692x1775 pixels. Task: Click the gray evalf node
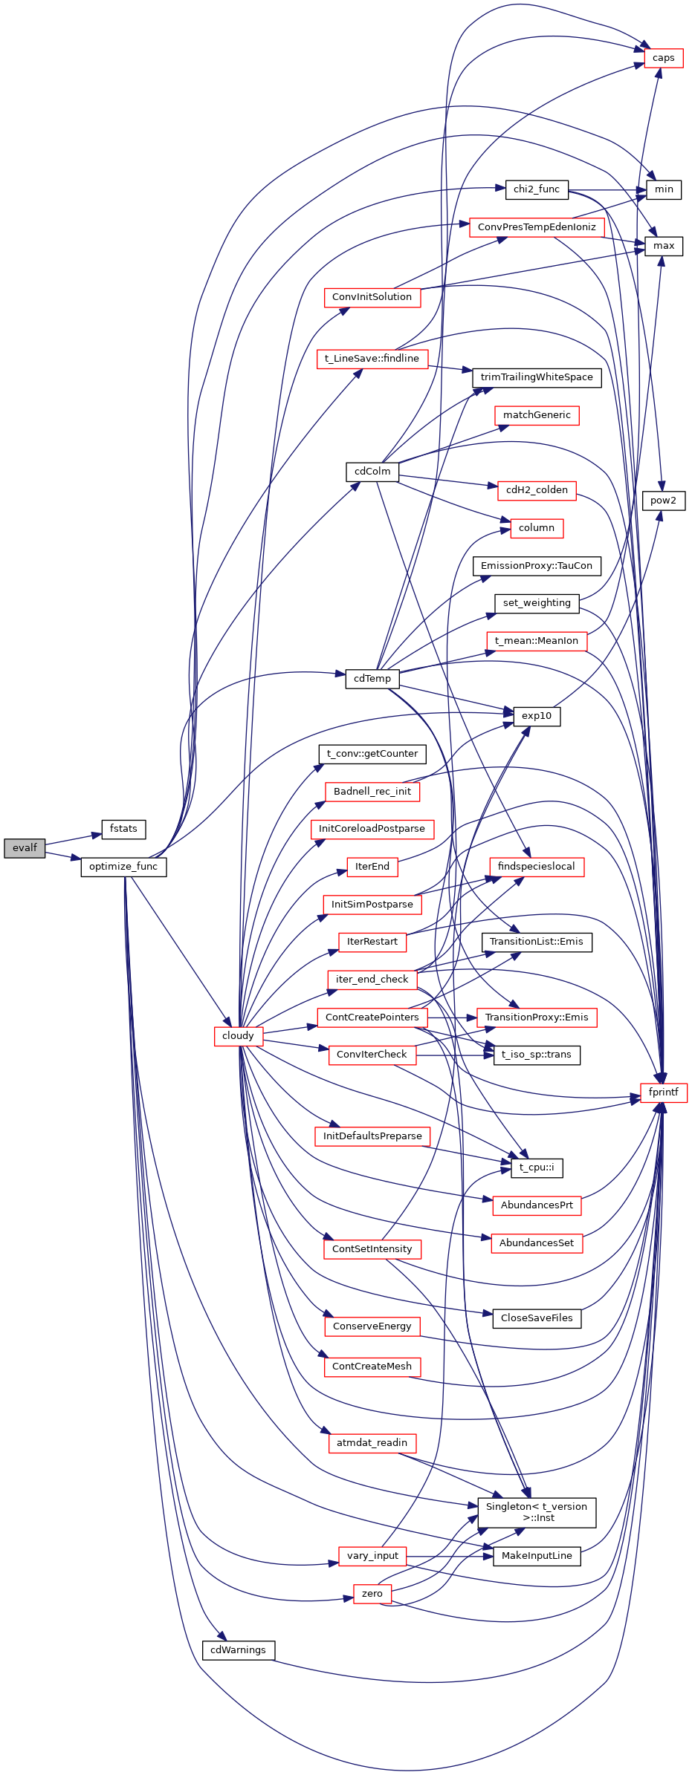coord(25,847)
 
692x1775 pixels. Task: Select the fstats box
coord(123,829)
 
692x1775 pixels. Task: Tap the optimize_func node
coord(123,867)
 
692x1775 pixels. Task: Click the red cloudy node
coord(238,1035)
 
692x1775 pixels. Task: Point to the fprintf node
coord(663,1092)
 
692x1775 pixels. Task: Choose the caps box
coord(663,58)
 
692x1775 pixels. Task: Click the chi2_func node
coord(536,189)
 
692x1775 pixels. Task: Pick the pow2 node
coord(663,501)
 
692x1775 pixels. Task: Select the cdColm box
coord(372,472)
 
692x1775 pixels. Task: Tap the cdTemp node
coord(372,679)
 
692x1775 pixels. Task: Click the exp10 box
coord(536,716)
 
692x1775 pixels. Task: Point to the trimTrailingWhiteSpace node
coord(536,377)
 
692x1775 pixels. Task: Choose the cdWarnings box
coord(238,1650)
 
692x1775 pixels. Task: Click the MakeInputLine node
coord(536,1556)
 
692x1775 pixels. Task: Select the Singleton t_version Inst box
coord(536,1512)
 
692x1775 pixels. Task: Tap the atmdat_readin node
coord(372,1443)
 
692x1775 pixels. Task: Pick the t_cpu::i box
coord(536,1167)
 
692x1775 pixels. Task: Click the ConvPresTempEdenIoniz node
coord(536,227)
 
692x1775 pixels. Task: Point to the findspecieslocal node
coord(536,867)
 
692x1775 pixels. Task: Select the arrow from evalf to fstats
coord(73,838)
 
